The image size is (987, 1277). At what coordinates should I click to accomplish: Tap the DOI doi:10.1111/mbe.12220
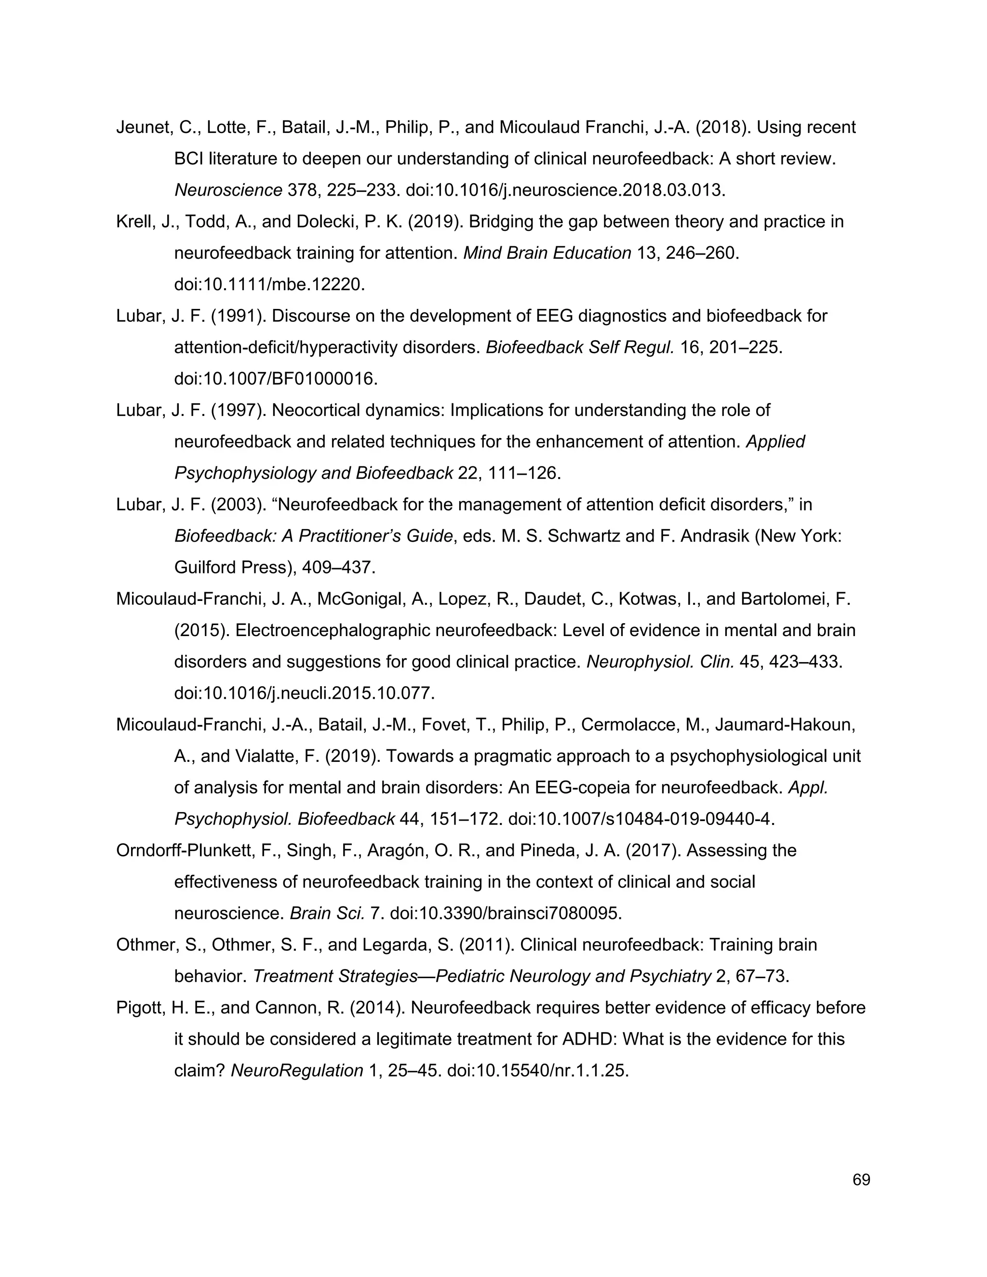[269, 285]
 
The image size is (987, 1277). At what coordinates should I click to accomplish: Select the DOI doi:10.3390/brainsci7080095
[505, 913]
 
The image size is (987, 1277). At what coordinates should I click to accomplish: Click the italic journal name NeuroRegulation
[296, 1071]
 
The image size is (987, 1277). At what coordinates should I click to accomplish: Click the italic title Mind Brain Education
[547, 253]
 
